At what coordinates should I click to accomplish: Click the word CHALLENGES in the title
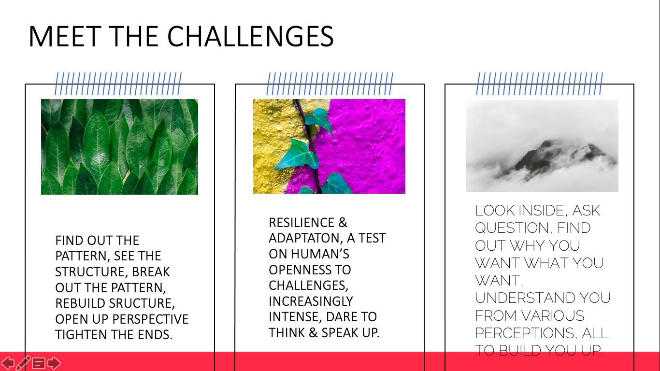click(x=250, y=37)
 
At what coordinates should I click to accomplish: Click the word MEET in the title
click(x=65, y=37)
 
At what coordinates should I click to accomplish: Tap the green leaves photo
click(x=119, y=147)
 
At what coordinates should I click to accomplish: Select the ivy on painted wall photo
click(x=329, y=146)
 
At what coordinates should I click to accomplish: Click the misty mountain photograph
click(x=542, y=146)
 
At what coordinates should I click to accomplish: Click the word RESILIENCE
click(x=301, y=223)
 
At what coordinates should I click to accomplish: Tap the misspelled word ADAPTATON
click(x=306, y=238)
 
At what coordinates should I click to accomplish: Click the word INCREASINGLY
click(x=311, y=301)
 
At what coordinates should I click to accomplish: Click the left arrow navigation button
click(x=8, y=363)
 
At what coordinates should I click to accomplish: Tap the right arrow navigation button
click(x=54, y=363)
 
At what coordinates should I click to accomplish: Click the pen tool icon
click(x=23, y=363)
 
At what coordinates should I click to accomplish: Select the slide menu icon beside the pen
click(x=39, y=363)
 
